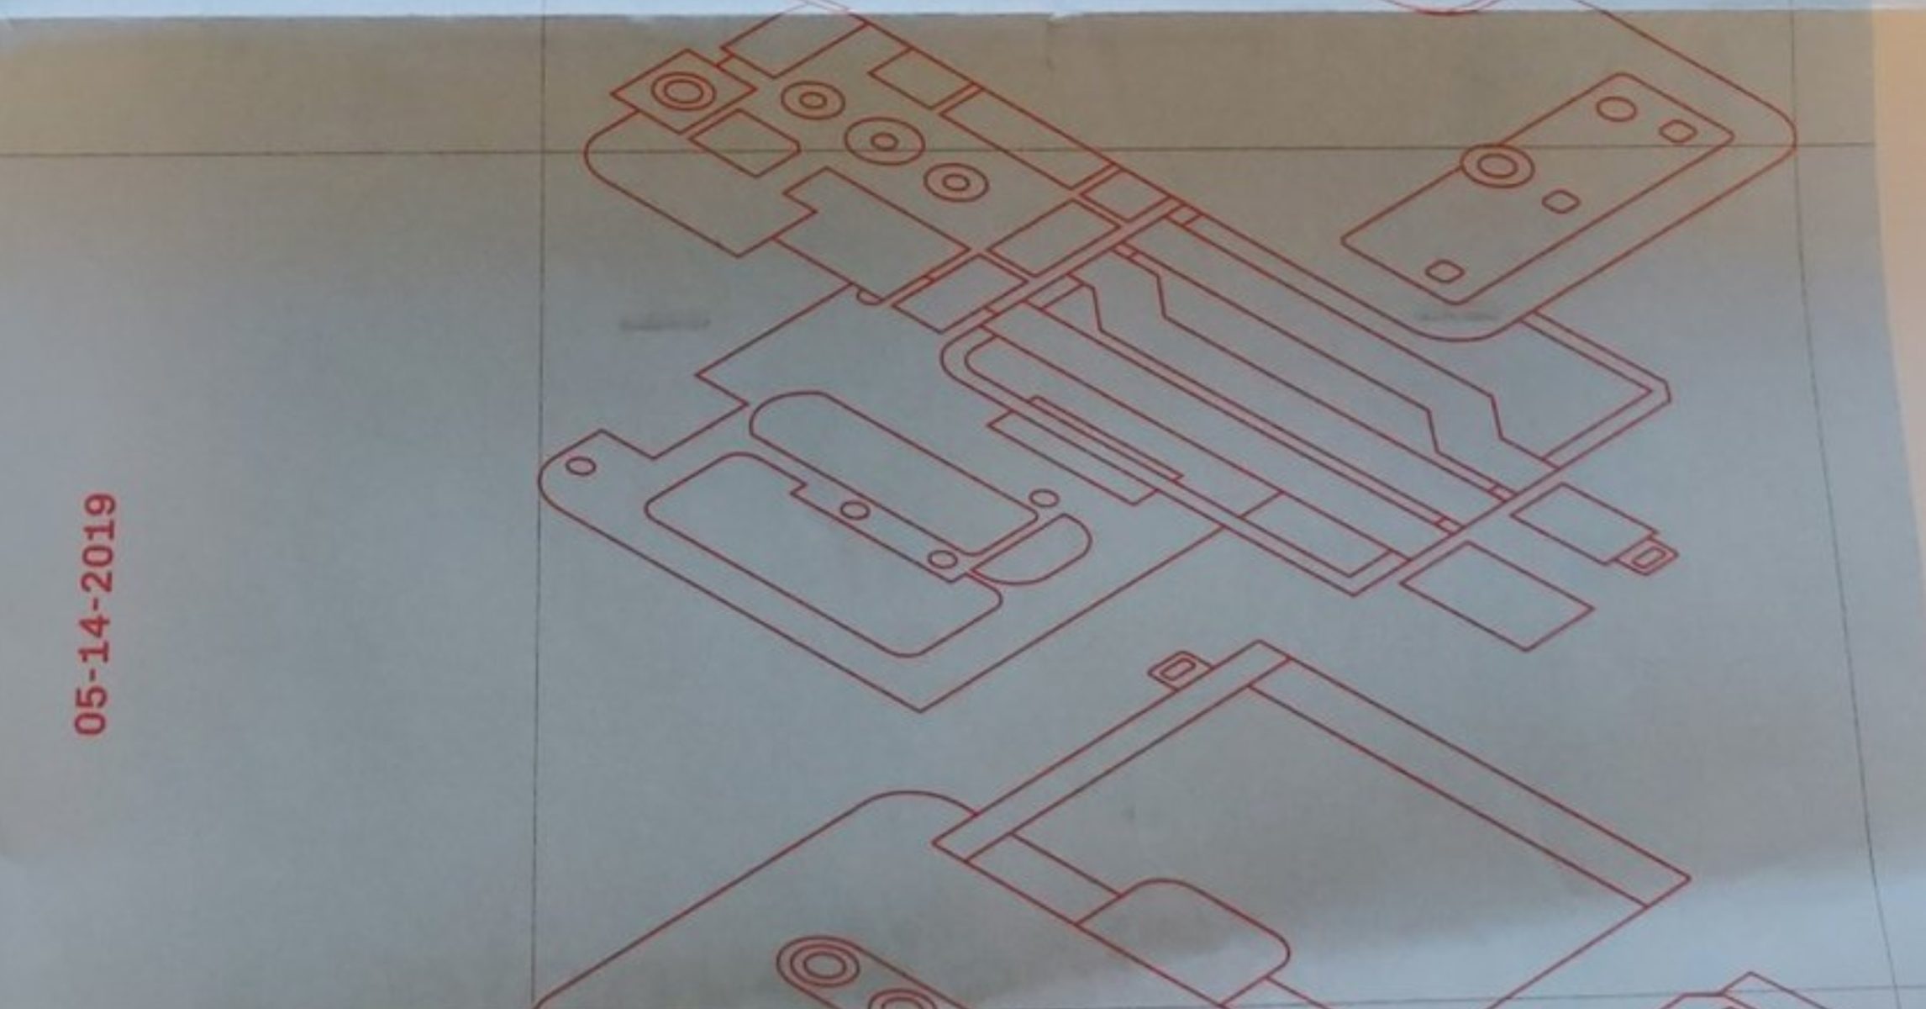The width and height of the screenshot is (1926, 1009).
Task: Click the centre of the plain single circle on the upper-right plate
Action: pyautogui.click(x=1616, y=108)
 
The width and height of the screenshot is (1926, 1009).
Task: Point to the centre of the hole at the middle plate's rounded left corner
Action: pyautogui.click(x=580, y=466)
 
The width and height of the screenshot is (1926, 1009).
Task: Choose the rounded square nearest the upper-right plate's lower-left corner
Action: pyautogui.click(x=1444, y=272)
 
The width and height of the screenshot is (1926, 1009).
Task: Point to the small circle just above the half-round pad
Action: pyautogui.click(x=1044, y=499)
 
